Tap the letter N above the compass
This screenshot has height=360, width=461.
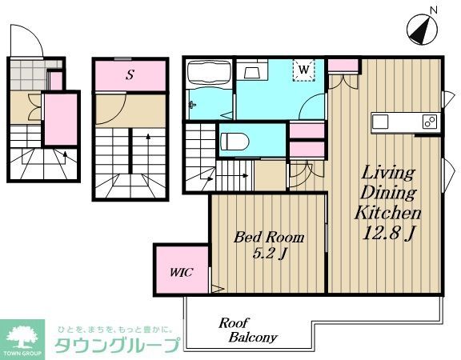433,10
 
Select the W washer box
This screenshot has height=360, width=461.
304,70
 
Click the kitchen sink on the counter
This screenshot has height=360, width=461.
380,122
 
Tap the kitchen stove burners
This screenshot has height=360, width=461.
430,122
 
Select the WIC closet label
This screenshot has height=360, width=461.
180,270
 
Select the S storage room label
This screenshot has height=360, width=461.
130,75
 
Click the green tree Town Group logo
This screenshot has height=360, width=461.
24,336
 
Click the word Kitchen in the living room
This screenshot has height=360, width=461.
388,213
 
